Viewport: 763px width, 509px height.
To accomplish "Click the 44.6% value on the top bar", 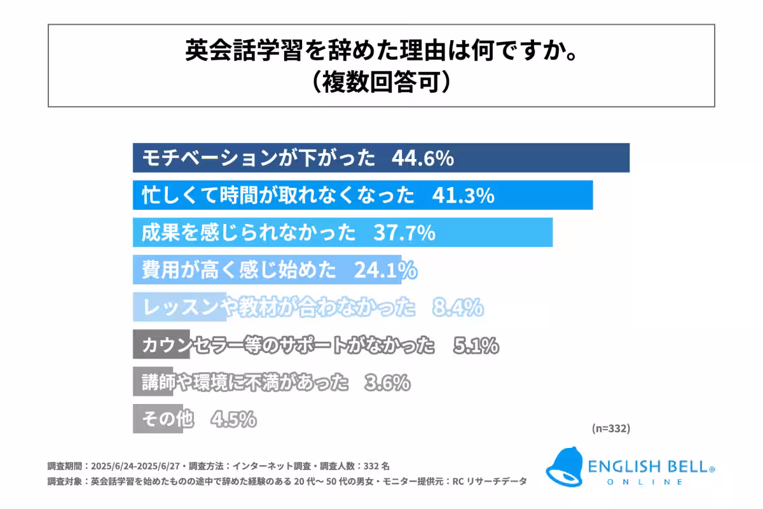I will click(x=422, y=158).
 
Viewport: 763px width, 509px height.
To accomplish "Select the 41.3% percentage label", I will click(x=463, y=195).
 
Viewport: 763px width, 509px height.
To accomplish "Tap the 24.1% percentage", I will click(x=385, y=270).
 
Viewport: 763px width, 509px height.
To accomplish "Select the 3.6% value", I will click(x=387, y=383).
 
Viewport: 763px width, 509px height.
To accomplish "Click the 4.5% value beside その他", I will click(x=233, y=420).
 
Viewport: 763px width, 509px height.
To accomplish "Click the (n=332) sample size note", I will click(x=610, y=428).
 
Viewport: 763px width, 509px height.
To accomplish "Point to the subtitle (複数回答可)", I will click(x=381, y=83).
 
